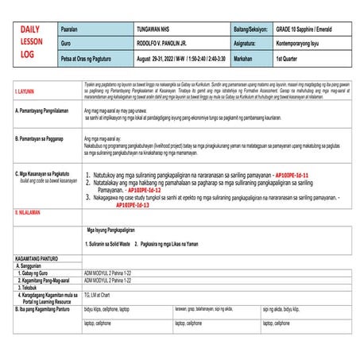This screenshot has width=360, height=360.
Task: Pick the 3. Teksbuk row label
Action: pos(33,286)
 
